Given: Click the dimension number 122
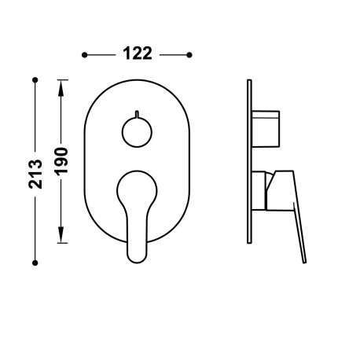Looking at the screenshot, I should (x=138, y=54).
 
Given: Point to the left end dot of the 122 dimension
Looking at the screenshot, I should (x=85, y=54).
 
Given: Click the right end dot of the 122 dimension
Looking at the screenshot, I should (x=190, y=54).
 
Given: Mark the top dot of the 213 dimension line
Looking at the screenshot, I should (x=35, y=79).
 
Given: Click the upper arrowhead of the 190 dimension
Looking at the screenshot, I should (x=63, y=86).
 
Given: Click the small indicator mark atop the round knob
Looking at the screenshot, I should (x=138, y=112).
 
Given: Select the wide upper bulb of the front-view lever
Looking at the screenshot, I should (x=138, y=189).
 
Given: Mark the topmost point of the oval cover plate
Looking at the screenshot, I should (x=138, y=79).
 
